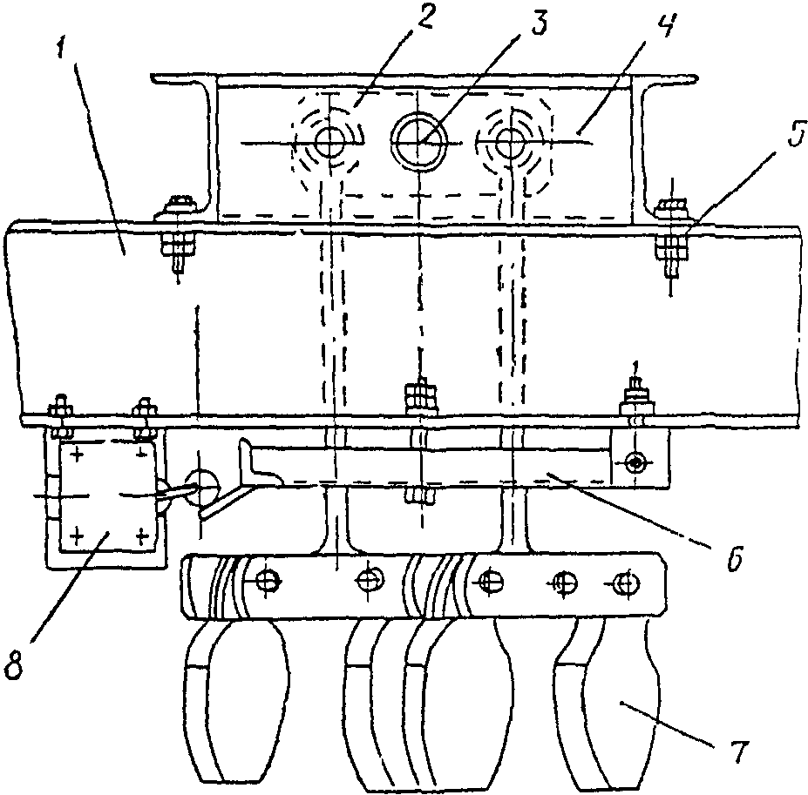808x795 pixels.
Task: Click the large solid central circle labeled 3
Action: tap(418, 140)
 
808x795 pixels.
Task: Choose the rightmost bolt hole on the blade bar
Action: tap(624, 581)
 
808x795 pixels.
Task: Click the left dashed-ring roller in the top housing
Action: tap(329, 141)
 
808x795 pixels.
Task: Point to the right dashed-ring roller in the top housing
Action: tap(507, 141)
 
